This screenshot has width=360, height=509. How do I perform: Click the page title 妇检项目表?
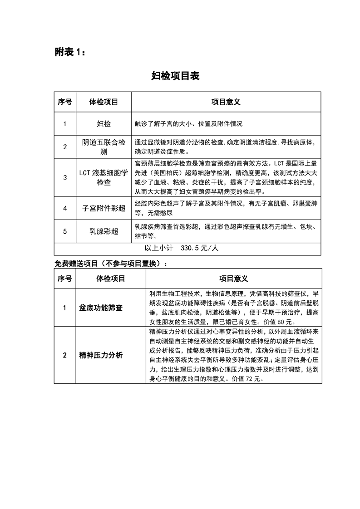(x=175, y=76)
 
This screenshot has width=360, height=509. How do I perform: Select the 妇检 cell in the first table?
(x=104, y=123)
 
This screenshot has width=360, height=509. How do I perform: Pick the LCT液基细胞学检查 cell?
(x=104, y=177)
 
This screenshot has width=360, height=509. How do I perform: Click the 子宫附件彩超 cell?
(x=104, y=208)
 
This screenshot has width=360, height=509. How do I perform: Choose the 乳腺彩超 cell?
(x=104, y=231)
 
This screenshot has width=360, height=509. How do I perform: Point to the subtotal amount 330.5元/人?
(x=200, y=249)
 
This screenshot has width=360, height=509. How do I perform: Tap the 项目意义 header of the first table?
(x=226, y=102)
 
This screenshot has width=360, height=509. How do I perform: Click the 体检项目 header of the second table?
(x=111, y=278)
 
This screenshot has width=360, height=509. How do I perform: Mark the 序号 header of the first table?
(x=65, y=102)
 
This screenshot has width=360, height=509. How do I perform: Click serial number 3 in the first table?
(x=65, y=177)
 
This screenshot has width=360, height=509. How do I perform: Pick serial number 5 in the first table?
(x=65, y=231)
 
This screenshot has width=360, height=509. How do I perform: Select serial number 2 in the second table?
(x=65, y=355)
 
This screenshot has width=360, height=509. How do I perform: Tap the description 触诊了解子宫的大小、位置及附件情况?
(x=188, y=123)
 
